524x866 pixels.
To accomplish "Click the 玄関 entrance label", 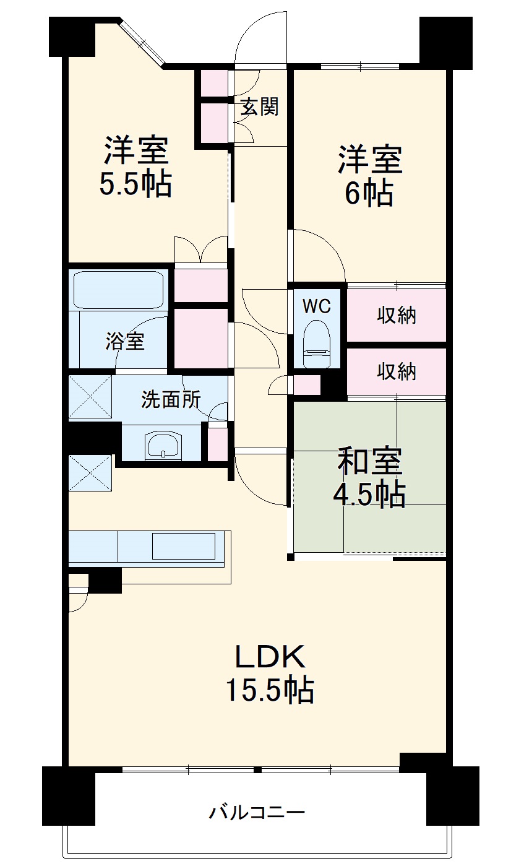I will click(x=260, y=107).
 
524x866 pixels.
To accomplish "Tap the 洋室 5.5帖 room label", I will click(x=136, y=166).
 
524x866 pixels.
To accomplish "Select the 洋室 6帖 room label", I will click(x=369, y=176).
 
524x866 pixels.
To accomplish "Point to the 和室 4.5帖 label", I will click(x=369, y=477).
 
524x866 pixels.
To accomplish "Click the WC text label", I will click(x=316, y=305).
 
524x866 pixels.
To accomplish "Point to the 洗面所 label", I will click(x=171, y=400).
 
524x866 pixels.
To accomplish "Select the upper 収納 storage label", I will click(x=397, y=316).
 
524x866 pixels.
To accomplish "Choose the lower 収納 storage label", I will click(x=397, y=371).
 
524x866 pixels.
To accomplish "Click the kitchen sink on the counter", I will click(x=184, y=545).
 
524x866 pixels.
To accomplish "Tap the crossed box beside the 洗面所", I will click(x=90, y=397).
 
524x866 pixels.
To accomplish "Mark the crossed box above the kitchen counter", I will click(x=90, y=473).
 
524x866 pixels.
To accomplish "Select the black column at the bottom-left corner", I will click(x=68, y=795).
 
